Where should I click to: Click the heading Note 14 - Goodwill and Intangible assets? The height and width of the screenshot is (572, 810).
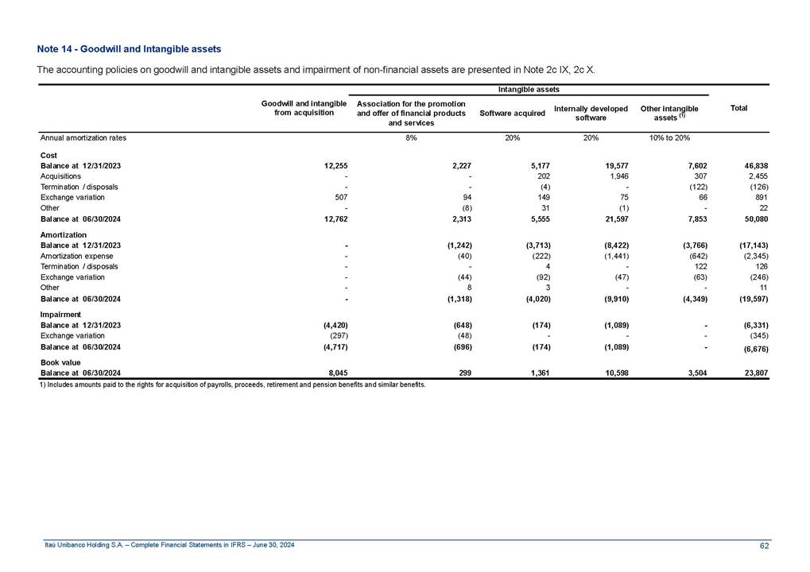tap(129, 50)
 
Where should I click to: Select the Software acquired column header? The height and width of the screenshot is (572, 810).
tap(512, 114)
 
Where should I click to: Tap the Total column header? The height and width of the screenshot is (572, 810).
tap(738, 108)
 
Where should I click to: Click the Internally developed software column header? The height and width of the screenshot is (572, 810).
tap(591, 113)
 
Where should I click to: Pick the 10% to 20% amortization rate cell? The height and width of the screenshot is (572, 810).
tap(669, 137)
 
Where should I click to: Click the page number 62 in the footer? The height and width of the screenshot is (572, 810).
tap(764, 545)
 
